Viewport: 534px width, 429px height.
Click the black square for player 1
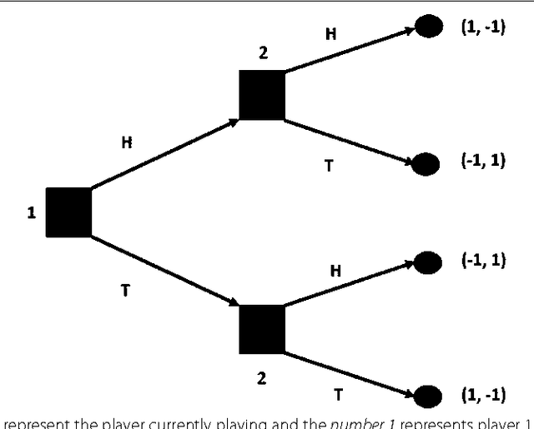point(68,212)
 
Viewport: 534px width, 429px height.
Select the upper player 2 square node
point(262,95)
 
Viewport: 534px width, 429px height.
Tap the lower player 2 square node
point(262,329)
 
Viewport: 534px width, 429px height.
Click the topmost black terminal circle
point(428,27)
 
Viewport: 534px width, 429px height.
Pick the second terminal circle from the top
point(426,163)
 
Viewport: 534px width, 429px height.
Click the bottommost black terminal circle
point(428,397)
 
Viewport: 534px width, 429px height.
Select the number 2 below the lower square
point(261,379)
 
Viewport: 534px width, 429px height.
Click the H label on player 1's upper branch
point(127,142)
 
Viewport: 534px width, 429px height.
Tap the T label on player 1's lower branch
point(127,292)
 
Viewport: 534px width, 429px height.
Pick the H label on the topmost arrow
point(330,33)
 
